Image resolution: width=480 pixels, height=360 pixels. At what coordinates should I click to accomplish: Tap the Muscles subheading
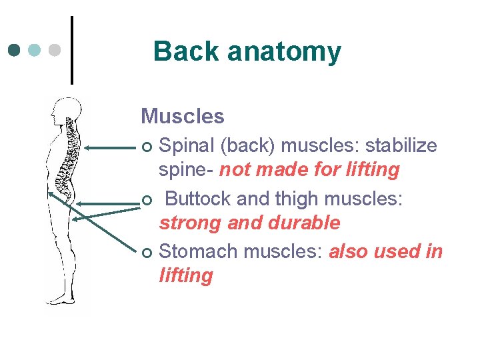[183, 117]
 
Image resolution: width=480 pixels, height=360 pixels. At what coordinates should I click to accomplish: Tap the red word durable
[309, 223]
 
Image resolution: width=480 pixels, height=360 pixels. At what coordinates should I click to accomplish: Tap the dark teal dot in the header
[15, 50]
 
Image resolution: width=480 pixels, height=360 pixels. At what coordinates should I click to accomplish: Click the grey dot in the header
[55, 50]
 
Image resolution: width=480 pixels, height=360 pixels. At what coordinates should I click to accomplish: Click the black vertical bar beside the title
[71, 50]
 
